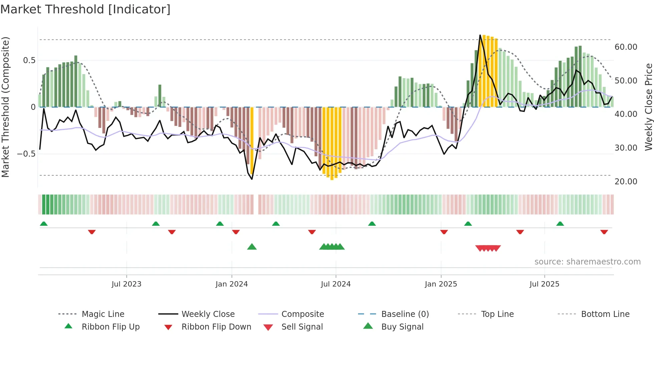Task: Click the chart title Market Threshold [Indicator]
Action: pos(85,9)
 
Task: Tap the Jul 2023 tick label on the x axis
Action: pos(126,284)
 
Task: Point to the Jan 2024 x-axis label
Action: pos(232,284)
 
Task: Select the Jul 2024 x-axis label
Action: pos(336,284)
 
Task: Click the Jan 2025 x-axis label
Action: pos(441,284)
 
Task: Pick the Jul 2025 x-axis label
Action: pos(544,284)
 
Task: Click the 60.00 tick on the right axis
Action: pos(626,47)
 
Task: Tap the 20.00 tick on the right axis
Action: pos(626,182)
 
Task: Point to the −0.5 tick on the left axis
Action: pos(26,154)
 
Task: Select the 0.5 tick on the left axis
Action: pos(29,60)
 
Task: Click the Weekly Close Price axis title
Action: pos(648,107)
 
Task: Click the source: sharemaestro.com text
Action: pos(587,262)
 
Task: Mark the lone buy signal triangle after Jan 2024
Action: pos(252,247)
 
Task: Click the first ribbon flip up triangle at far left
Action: pos(44,224)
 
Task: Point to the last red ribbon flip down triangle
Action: pos(604,232)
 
